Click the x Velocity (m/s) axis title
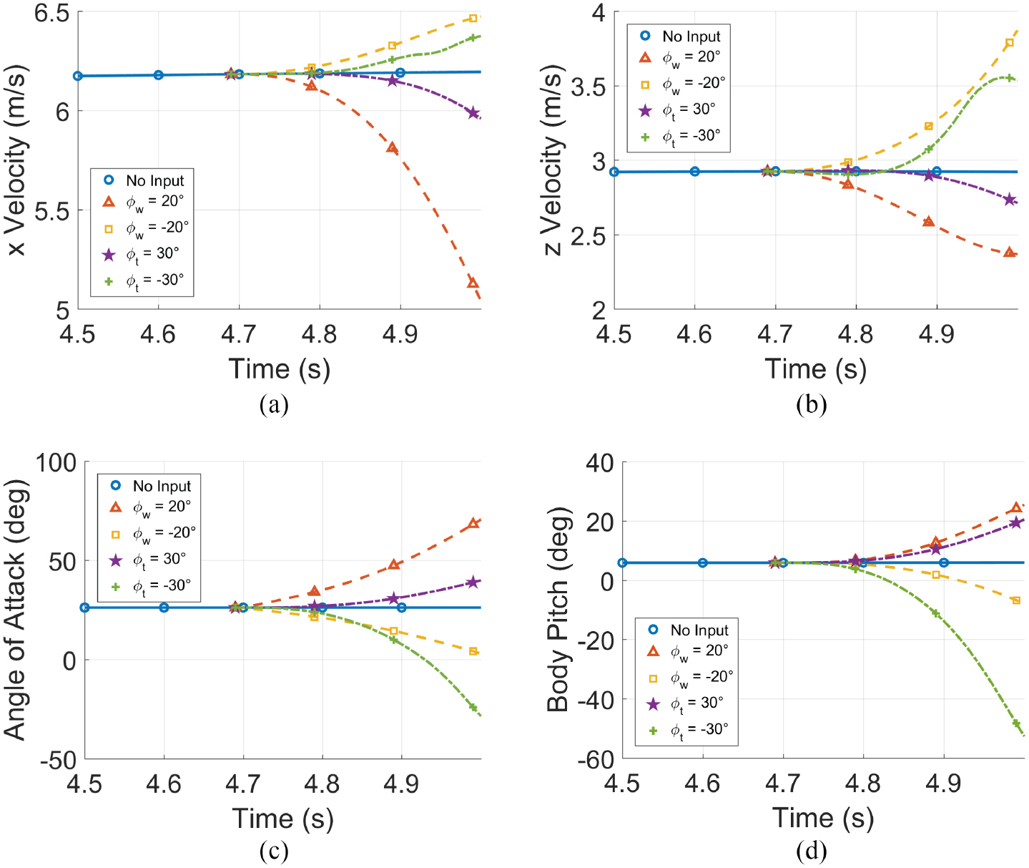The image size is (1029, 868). (16, 160)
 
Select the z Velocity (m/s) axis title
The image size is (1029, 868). (553, 162)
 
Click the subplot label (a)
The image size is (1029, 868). (275, 404)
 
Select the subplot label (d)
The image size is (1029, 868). (811, 851)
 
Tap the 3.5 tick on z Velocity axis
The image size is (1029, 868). (589, 87)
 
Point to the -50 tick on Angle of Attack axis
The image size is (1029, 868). (59, 760)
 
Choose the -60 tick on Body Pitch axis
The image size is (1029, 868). (596, 760)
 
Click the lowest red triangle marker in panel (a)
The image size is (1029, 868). (473, 283)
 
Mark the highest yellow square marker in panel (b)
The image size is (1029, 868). (1010, 43)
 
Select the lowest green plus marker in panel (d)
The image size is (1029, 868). (1016, 723)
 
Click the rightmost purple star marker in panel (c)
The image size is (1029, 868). (473, 582)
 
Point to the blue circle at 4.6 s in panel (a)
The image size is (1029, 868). (158, 74)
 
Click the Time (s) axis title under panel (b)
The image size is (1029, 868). (815, 369)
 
